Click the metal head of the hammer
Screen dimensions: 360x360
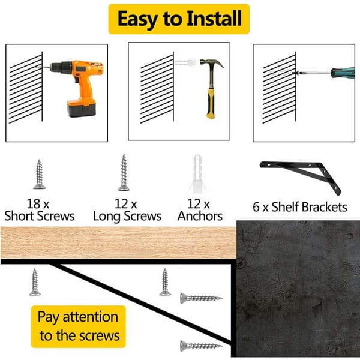[211, 64]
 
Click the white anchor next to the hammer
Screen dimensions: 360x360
[186, 62]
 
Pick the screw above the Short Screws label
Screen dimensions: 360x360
[39, 174]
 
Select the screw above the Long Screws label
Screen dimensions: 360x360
[124, 173]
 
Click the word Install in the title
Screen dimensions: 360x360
[214, 19]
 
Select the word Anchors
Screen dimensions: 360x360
[200, 216]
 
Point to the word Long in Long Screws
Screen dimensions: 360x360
[107, 217]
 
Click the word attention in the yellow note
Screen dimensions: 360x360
[91, 317]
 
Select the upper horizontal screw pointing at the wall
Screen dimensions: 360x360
[202, 298]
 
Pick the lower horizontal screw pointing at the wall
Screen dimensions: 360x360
[202, 346]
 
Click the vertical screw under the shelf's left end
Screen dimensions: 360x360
[35, 282]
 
